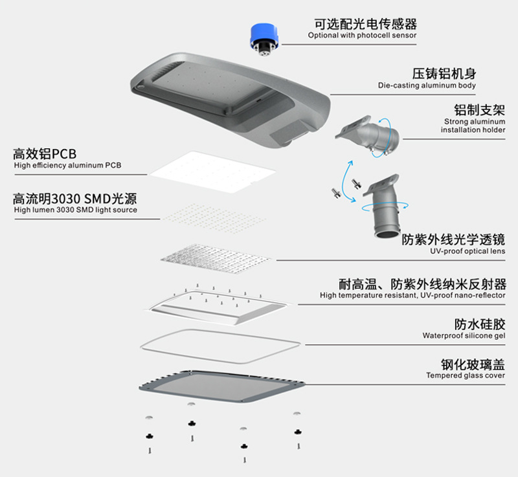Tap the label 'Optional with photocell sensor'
coord(362,36)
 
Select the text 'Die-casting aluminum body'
coord(427,85)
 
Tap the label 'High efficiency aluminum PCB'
coord(67,166)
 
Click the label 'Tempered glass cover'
coord(466,375)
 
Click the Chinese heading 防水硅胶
coord(480,323)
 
